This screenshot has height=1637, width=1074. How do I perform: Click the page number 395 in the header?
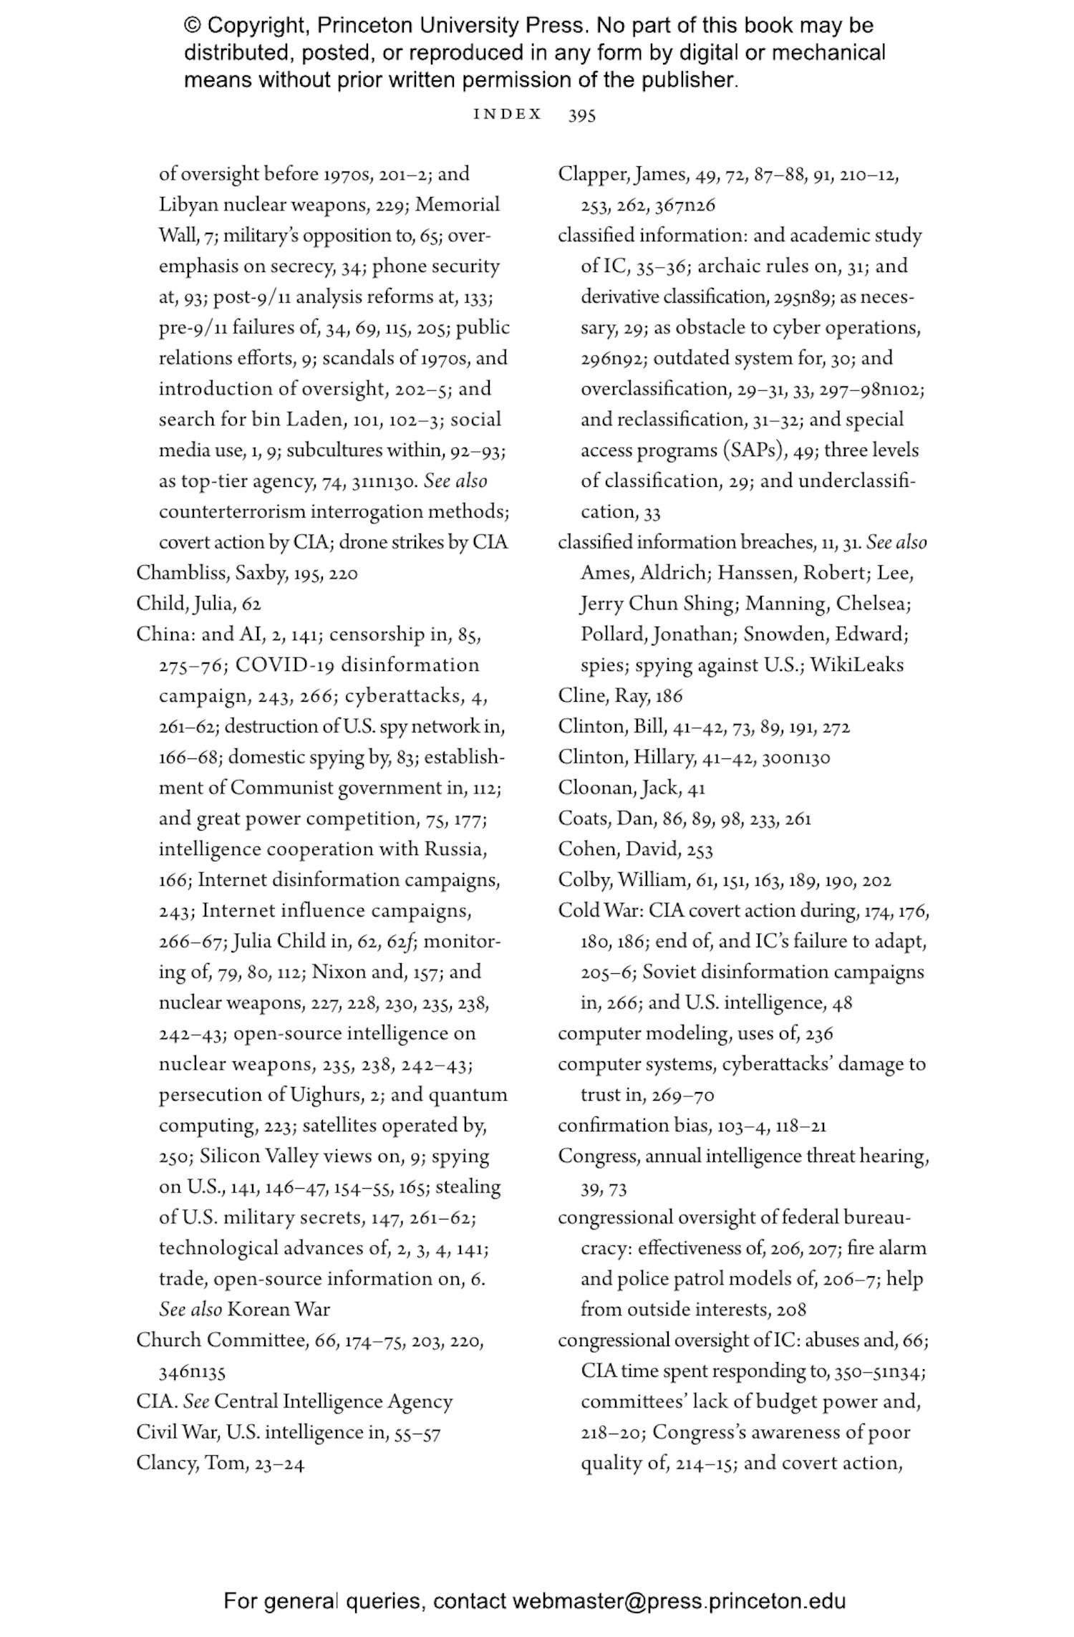pos(581,115)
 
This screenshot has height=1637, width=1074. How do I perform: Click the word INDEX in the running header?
pos(507,115)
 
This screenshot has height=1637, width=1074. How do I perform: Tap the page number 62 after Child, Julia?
pos(251,604)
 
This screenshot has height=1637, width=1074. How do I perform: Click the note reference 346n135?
pos(192,1371)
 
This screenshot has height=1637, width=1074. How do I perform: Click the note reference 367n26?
pos(684,206)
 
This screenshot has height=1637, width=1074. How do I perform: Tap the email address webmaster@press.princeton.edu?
pos(679,1601)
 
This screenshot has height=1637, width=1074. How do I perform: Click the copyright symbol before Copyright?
pos(193,26)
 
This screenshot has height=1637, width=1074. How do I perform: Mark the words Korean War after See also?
pos(279,1310)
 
